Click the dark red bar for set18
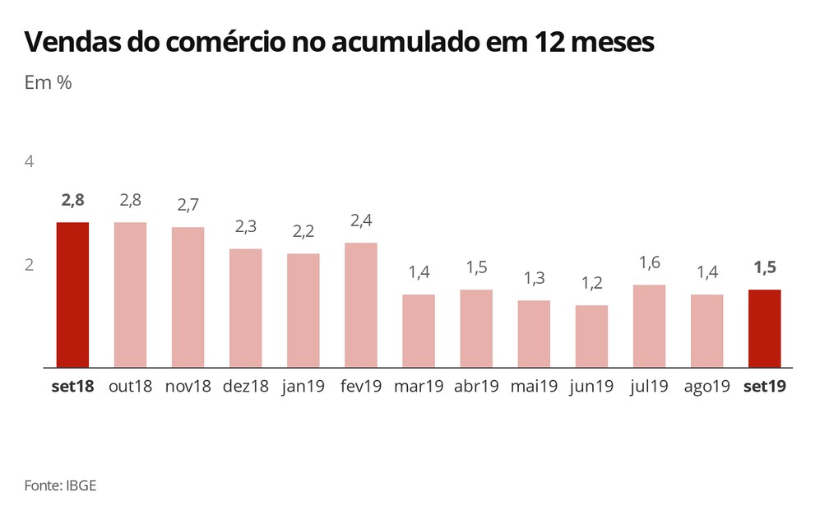point(72,295)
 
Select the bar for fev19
point(361,304)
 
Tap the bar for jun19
point(591,336)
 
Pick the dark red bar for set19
point(764,328)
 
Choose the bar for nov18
point(188,297)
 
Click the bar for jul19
point(649,326)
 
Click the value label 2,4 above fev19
point(361,221)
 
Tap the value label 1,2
point(591,284)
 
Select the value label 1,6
point(649,263)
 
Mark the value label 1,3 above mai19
point(534,279)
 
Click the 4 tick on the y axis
point(30,162)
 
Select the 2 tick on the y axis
point(30,265)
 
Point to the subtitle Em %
point(49,84)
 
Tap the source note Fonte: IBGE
point(60,485)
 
